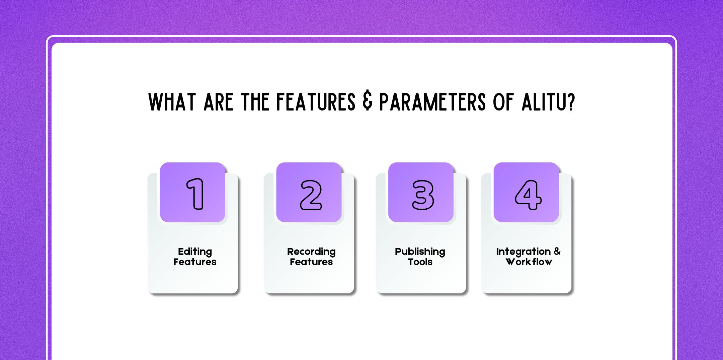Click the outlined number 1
click(x=195, y=194)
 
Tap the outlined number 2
click(x=311, y=195)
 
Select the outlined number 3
click(x=423, y=195)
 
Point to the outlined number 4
click(x=528, y=195)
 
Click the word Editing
click(x=195, y=252)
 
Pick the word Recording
click(x=311, y=252)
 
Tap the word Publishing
click(x=420, y=252)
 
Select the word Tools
click(x=420, y=262)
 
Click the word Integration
click(x=523, y=252)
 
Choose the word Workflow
click(x=529, y=262)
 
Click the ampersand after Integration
click(x=557, y=251)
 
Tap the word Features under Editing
click(x=195, y=262)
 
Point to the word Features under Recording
click(x=311, y=262)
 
